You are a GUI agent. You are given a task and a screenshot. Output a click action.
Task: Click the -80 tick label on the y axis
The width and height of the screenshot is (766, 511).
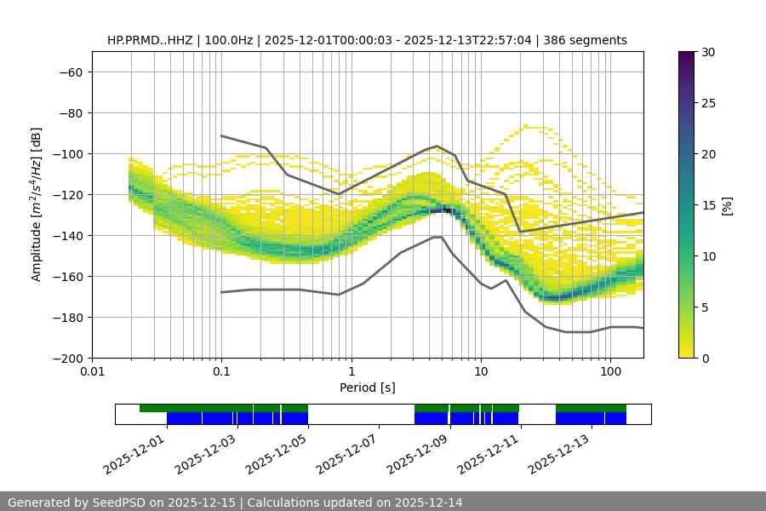[70, 112]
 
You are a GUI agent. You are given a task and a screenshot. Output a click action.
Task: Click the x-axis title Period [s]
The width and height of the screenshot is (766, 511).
[367, 388]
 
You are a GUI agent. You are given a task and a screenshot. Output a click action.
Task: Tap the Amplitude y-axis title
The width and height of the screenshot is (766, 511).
[36, 204]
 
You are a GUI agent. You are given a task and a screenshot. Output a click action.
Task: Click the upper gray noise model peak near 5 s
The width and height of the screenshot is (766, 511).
[437, 146]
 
